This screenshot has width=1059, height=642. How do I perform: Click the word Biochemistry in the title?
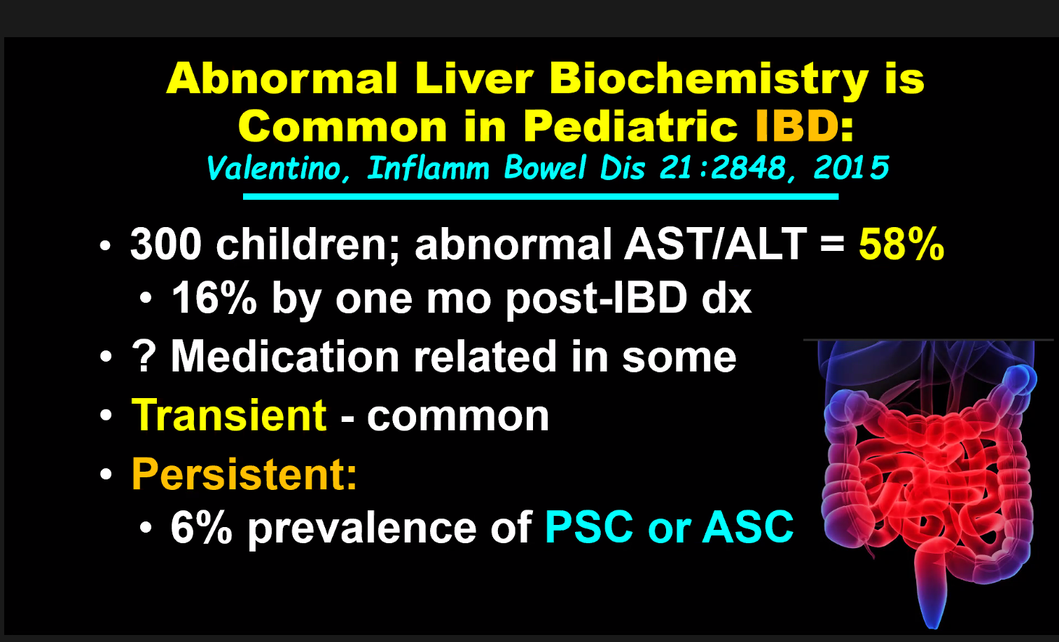pyautogui.click(x=709, y=81)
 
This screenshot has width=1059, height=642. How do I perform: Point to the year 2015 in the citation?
pyautogui.click(x=851, y=168)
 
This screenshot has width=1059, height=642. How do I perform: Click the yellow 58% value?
pyautogui.click(x=901, y=245)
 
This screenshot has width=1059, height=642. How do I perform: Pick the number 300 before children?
pyautogui.click(x=166, y=245)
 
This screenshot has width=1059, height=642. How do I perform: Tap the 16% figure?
pyautogui.click(x=214, y=298)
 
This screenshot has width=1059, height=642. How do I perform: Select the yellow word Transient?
pyautogui.click(x=229, y=415)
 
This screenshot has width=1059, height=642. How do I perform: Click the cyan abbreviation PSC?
pyautogui.click(x=588, y=527)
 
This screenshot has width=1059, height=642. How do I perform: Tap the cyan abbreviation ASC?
pyautogui.click(x=748, y=527)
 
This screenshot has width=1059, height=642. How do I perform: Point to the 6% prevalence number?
pyautogui.click(x=202, y=527)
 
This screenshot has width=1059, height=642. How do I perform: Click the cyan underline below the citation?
pyautogui.click(x=541, y=196)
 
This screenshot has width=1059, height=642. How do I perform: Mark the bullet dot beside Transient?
pyautogui.click(x=106, y=416)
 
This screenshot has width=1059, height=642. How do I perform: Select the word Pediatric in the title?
pyautogui.click(x=630, y=126)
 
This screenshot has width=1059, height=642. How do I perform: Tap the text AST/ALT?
pyautogui.click(x=715, y=244)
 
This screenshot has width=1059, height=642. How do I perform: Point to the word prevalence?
pyautogui.click(x=362, y=528)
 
